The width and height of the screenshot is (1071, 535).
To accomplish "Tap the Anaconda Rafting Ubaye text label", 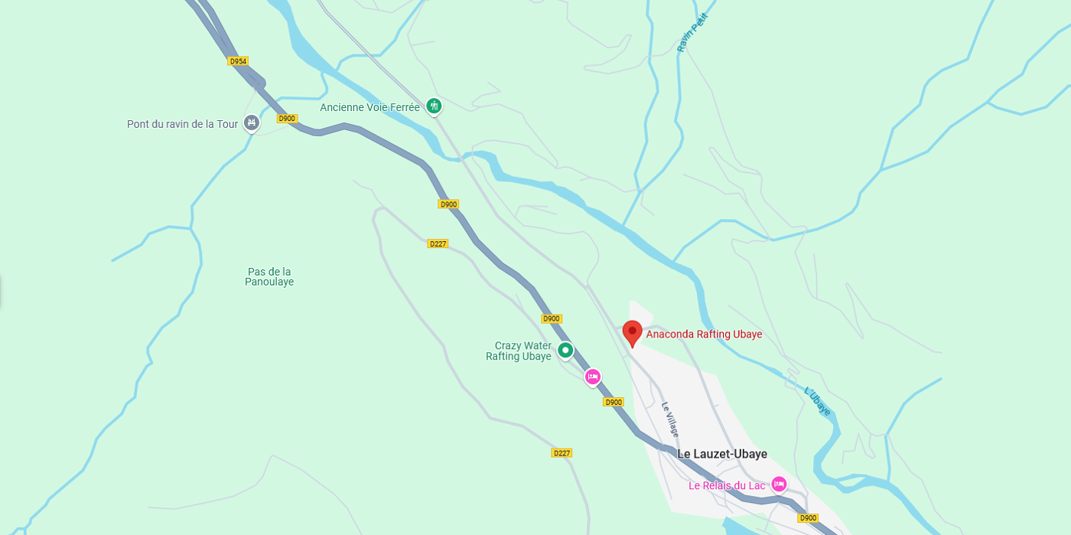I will tap(704, 334).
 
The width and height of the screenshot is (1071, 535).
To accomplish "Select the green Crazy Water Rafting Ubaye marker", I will tap(565, 351).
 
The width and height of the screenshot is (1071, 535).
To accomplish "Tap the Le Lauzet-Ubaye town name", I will tap(721, 454).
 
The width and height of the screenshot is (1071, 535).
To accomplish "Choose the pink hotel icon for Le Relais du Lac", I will tap(779, 484).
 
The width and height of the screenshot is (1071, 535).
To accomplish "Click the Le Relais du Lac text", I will tap(726, 485).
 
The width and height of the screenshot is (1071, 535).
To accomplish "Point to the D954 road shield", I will tap(238, 61).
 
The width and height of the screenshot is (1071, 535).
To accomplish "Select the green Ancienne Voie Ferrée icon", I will tap(434, 106).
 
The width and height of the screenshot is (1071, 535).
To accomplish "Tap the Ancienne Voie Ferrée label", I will tap(369, 108).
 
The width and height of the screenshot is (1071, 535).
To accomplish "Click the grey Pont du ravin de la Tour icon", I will tap(252, 122).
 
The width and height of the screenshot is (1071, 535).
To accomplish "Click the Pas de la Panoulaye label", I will tap(269, 276).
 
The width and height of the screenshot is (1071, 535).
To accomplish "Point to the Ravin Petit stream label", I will tap(693, 33).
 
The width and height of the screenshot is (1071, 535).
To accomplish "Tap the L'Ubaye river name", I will tap(818, 401).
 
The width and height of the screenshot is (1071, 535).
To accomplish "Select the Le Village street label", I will tap(670, 419).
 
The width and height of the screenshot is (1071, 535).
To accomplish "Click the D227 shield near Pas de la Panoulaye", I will tap(438, 243).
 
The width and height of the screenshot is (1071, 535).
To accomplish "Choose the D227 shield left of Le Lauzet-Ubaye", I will tap(562, 453).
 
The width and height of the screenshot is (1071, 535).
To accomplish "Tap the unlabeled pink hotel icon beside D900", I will tap(593, 377).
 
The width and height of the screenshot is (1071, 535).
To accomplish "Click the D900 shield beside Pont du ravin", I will tap(287, 119).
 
